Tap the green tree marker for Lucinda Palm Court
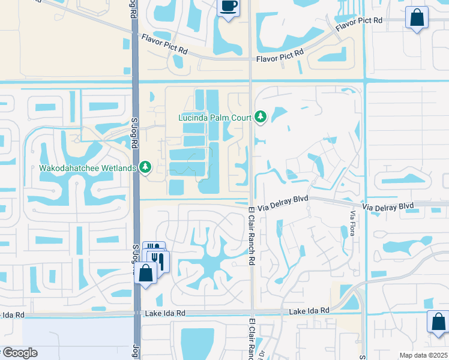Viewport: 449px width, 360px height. (x=260, y=116)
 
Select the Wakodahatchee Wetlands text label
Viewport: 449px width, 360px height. (x=87, y=168)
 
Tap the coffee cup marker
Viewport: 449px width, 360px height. (x=228, y=8)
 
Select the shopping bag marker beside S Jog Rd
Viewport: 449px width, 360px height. (x=146, y=274)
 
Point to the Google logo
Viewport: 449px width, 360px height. (x=19, y=353)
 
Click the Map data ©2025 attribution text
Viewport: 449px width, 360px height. (x=424, y=355)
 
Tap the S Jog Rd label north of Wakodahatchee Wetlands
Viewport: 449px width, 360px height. (x=135, y=128)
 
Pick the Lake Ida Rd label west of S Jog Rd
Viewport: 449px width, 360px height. (x=12, y=314)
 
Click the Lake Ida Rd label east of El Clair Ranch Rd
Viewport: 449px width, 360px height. (x=309, y=310)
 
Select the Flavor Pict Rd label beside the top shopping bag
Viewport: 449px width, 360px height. (x=359, y=25)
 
